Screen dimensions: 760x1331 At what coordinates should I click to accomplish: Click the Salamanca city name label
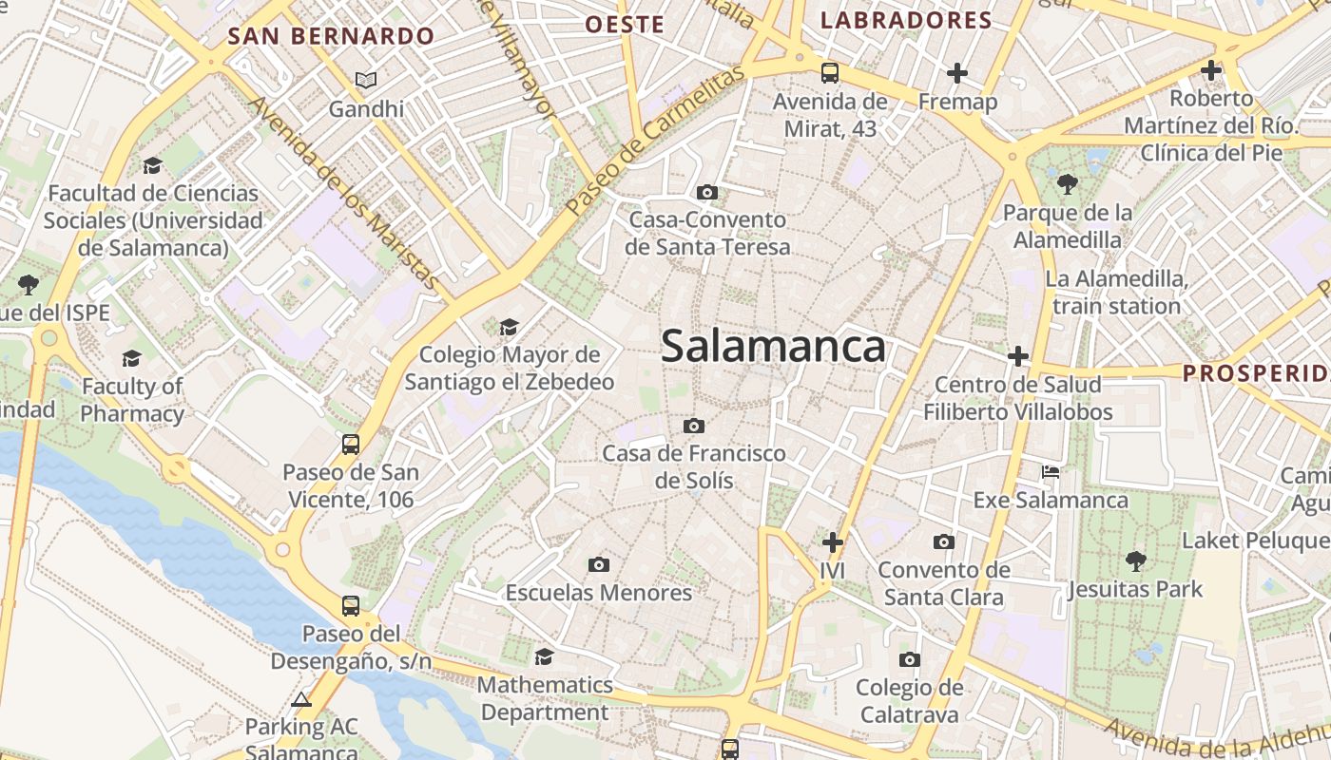(x=773, y=346)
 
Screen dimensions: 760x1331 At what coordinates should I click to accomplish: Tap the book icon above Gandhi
(x=366, y=80)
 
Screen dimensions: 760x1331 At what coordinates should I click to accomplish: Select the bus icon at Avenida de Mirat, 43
(x=830, y=72)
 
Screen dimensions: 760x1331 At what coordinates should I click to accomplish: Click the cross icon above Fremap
(x=957, y=72)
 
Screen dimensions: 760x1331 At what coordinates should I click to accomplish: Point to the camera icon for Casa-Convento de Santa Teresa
(x=706, y=192)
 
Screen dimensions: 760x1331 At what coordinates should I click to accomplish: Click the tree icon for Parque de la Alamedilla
(x=1068, y=183)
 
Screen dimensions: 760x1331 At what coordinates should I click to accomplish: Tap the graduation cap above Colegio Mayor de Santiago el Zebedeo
(x=510, y=327)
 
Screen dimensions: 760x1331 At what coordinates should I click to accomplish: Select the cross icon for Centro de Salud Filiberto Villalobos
(x=1018, y=356)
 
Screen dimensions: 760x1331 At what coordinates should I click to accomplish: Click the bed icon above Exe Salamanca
(x=1051, y=471)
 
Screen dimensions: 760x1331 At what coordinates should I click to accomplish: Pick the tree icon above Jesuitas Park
(x=1135, y=560)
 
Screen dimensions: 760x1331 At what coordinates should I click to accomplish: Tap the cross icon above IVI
(x=833, y=542)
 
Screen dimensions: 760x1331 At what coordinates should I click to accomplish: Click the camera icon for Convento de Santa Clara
(x=943, y=541)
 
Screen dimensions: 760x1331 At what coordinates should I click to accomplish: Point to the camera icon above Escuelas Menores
(x=598, y=564)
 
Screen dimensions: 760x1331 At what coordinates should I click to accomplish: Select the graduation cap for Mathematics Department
(x=544, y=656)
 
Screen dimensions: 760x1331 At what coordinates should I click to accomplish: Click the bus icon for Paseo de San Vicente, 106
(x=351, y=444)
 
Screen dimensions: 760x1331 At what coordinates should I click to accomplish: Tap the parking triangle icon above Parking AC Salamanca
(x=301, y=700)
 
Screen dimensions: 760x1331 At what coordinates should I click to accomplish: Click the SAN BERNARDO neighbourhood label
(x=331, y=37)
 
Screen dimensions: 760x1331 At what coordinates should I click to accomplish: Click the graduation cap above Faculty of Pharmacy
(x=131, y=358)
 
